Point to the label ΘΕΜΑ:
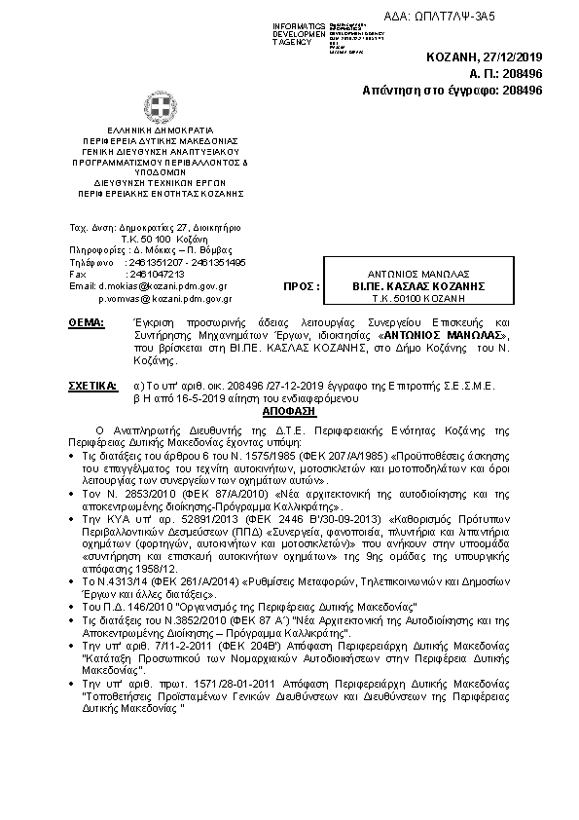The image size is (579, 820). point(89,321)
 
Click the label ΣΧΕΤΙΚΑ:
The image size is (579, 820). point(93,387)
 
